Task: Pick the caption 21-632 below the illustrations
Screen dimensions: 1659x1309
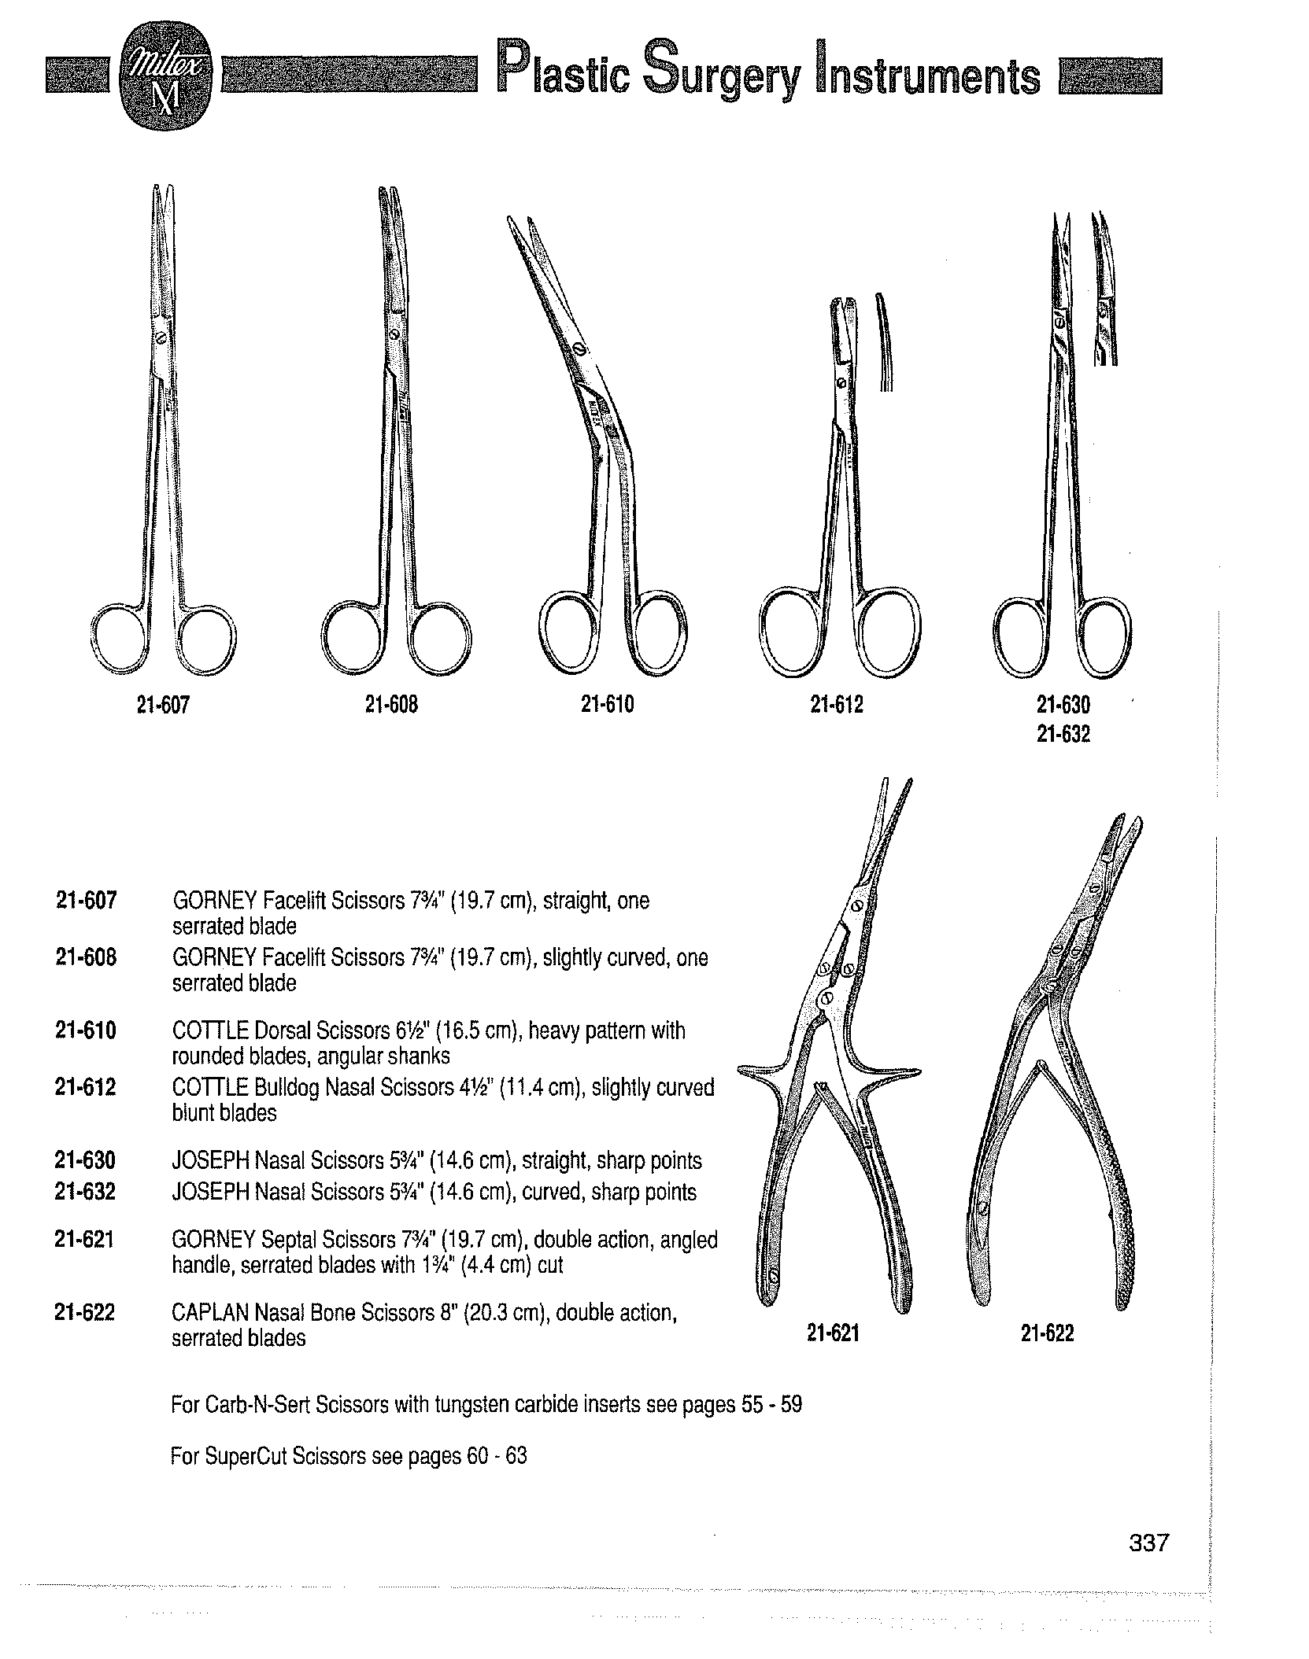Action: pos(1063,735)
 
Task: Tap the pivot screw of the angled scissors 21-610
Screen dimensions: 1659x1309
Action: pos(579,348)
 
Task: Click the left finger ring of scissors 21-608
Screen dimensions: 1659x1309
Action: pos(353,636)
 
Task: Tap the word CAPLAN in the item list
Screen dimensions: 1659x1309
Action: pos(206,1313)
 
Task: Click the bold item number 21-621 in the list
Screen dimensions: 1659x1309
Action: pos(85,1241)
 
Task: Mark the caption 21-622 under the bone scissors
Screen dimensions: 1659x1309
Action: pos(1047,1333)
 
